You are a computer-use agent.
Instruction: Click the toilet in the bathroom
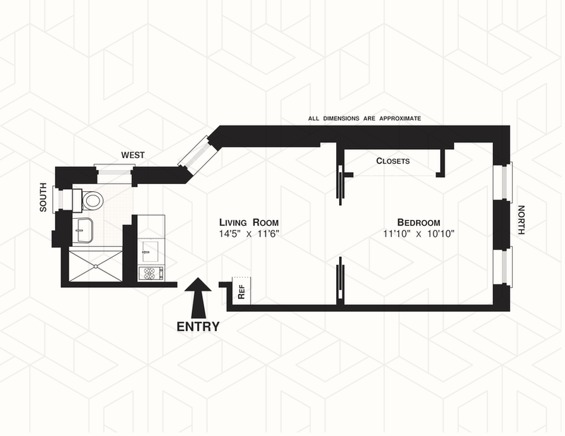coord(91,201)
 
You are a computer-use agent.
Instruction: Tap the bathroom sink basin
coord(83,230)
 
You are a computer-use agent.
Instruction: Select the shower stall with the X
coord(94,265)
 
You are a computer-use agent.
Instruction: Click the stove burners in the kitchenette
coord(151,272)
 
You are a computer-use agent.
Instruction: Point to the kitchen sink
coord(150,248)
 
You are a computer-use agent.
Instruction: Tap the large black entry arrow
coord(198,297)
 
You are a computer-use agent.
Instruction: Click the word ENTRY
coord(198,327)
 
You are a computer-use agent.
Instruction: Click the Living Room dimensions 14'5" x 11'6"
coord(249,234)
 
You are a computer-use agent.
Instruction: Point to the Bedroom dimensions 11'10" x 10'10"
coord(418,234)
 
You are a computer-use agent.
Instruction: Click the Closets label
coord(393,161)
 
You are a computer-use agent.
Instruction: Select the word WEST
coord(133,154)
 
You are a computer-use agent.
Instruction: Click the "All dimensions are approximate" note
coord(364,119)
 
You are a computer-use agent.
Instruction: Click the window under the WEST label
coord(113,169)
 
